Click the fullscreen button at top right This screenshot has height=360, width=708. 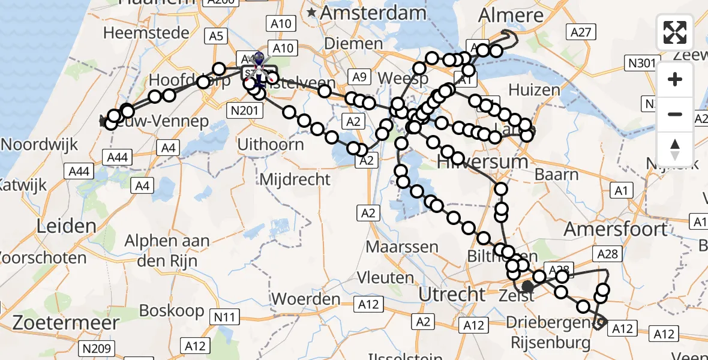tap(675, 32)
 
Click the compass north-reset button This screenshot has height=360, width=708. tap(675, 149)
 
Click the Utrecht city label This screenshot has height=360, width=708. tap(452, 295)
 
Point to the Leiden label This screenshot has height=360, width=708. tap(67, 226)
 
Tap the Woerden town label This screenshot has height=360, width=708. tap(306, 299)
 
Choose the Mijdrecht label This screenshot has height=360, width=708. tap(295, 179)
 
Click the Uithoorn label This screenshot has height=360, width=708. tap(271, 145)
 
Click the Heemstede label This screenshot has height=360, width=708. tap(146, 32)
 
